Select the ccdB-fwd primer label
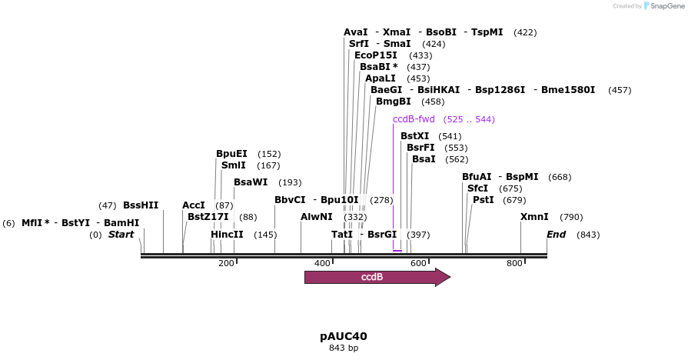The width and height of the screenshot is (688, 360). [414, 119]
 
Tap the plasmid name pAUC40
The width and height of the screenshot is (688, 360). [344, 336]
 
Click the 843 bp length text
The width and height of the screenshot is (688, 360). [344, 348]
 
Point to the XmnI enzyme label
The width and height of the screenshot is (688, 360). [534, 217]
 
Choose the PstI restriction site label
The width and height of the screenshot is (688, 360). [484, 200]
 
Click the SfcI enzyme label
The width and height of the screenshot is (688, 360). [478, 188]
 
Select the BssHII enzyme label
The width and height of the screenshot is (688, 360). [141, 205]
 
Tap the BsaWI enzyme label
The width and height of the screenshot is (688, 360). [251, 182]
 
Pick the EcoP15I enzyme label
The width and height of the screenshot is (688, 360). [376, 55]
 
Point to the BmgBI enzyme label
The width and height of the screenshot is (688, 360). [394, 102]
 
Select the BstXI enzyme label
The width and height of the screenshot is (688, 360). [415, 136]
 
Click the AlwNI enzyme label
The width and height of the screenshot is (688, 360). [317, 217]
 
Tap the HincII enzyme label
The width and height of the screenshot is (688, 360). [227, 235]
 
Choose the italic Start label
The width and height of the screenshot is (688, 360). [121, 235]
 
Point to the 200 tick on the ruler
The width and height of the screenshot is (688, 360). [226, 263]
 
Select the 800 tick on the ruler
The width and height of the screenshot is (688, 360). [514, 263]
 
